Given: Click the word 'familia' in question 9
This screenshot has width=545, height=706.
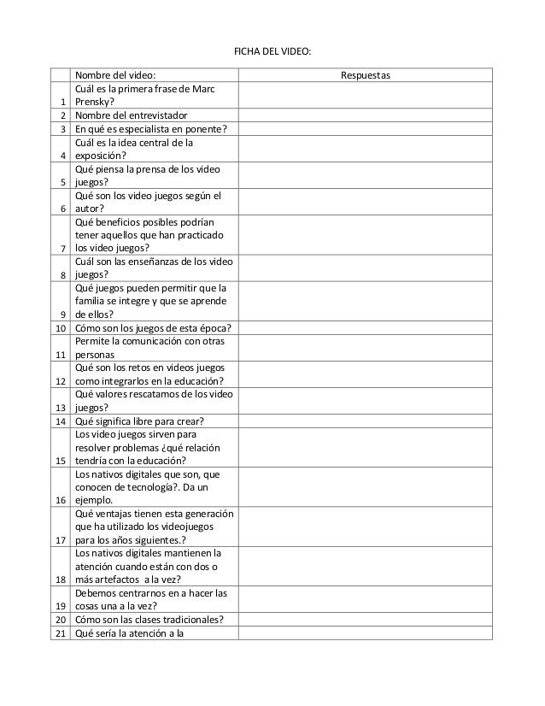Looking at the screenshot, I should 93,301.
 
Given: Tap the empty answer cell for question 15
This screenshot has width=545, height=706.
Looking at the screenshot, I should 366,447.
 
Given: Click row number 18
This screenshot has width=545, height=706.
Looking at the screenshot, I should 62,579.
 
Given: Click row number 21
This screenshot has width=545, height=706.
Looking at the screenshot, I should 62,632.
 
